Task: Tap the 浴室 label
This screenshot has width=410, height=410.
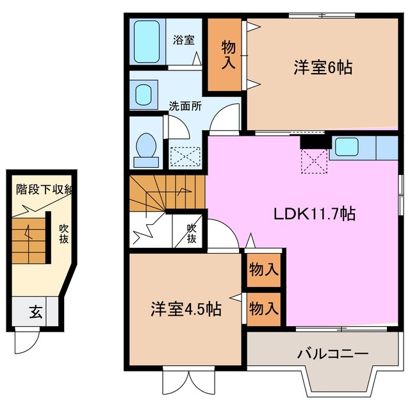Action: (184, 40)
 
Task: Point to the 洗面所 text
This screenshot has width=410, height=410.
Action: (185, 106)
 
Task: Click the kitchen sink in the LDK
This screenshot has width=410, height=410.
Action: (347, 147)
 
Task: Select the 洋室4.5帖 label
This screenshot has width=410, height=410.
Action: (186, 309)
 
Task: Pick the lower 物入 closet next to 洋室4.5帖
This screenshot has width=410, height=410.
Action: (263, 308)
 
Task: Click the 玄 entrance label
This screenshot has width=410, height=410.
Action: (35, 313)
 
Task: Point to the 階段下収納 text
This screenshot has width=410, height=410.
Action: (45, 190)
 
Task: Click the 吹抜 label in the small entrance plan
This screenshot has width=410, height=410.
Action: (64, 234)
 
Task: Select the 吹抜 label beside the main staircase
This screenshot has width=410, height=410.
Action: (192, 234)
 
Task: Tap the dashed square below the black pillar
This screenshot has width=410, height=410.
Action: (315, 160)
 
